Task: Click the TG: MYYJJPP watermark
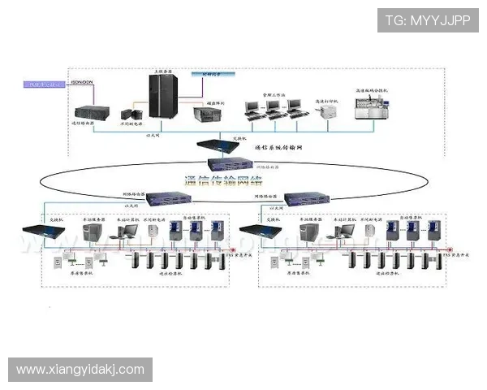point(428,19)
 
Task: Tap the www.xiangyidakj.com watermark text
point(80,370)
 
